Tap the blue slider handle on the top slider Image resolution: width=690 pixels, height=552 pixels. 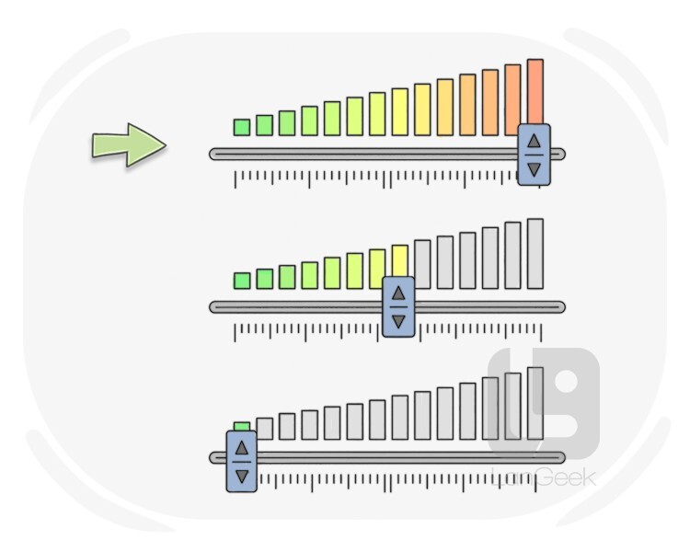coord(534,155)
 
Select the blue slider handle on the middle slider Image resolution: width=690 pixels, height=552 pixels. coord(398,307)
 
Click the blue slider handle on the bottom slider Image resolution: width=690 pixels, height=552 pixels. coord(241,461)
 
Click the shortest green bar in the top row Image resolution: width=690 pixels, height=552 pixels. coord(242,127)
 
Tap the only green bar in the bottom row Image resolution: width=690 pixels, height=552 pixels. coord(242,425)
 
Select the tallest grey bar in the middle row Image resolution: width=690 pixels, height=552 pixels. coord(535,253)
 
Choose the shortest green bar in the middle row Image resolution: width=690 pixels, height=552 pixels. coord(242,280)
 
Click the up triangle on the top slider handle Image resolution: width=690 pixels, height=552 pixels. coord(534,141)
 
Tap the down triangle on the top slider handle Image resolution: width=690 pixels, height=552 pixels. coord(534,169)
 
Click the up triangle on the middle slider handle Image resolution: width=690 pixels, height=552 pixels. coord(398,293)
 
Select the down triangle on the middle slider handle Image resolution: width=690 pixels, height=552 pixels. coord(398,322)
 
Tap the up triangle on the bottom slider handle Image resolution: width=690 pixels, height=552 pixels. coord(241,447)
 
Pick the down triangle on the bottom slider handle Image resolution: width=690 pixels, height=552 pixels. coord(241,476)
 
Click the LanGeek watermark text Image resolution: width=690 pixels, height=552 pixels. coord(546,477)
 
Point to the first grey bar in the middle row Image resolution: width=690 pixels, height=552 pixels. coord(422,264)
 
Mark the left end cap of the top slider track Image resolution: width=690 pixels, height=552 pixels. coord(214,154)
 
